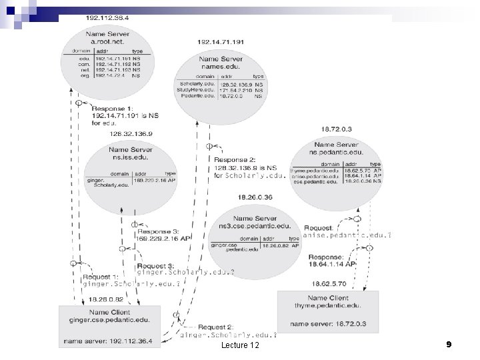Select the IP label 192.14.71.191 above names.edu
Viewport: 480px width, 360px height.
click(x=221, y=41)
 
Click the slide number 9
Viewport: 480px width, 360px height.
click(x=449, y=344)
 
